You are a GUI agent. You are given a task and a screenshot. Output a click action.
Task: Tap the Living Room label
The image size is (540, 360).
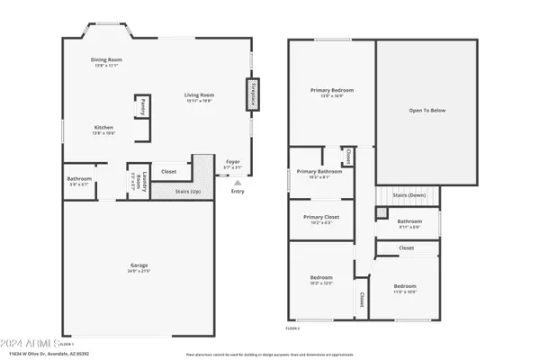(x=199, y=96)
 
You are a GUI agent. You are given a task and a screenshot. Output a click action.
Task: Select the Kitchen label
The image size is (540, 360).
(x=104, y=130)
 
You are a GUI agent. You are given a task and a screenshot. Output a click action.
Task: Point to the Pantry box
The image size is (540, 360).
(x=142, y=107)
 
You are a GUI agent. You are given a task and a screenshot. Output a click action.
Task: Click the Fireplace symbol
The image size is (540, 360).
(x=253, y=95)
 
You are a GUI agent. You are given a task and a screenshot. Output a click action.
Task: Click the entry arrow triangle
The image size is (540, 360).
(x=238, y=182)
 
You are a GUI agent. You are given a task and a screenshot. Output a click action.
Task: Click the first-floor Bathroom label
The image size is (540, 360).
(x=79, y=180)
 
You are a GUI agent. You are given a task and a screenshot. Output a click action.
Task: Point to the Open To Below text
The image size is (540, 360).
(x=427, y=111)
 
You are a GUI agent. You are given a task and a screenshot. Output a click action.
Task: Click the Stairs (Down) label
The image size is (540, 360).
(x=409, y=194)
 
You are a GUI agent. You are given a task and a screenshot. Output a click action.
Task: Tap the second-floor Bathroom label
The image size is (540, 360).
(x=410, y=222)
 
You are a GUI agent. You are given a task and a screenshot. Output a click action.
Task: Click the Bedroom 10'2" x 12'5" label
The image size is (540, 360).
(x=321, y=279)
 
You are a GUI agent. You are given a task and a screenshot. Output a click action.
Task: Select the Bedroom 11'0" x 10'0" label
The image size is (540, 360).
(x=405, y=288)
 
